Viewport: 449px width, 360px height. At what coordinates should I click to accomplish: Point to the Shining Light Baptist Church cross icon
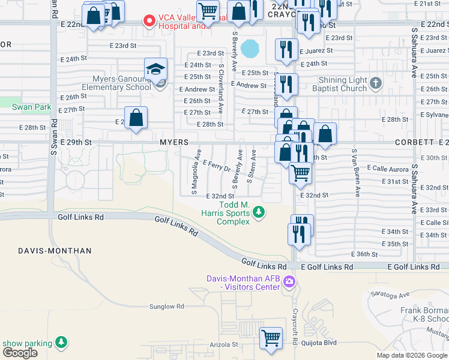[x=376, y=83]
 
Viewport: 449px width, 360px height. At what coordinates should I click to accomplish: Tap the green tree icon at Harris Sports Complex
[x=259, y=212]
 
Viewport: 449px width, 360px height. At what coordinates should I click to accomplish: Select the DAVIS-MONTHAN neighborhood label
[x=55, y=250]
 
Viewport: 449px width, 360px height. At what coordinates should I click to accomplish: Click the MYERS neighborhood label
[x=174, y=142]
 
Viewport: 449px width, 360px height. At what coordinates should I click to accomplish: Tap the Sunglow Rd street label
[x=166, y=307]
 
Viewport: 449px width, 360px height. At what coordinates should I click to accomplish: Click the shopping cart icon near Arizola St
[x=271, y=337]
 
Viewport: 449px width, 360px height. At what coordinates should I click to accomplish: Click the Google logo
[x=20, y=353]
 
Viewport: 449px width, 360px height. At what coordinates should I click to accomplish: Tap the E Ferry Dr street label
[x=217, y=166]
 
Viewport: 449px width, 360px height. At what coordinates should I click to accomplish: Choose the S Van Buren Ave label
[x=357, y=173]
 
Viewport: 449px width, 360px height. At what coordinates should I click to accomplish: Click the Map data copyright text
[x=411, y=355]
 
